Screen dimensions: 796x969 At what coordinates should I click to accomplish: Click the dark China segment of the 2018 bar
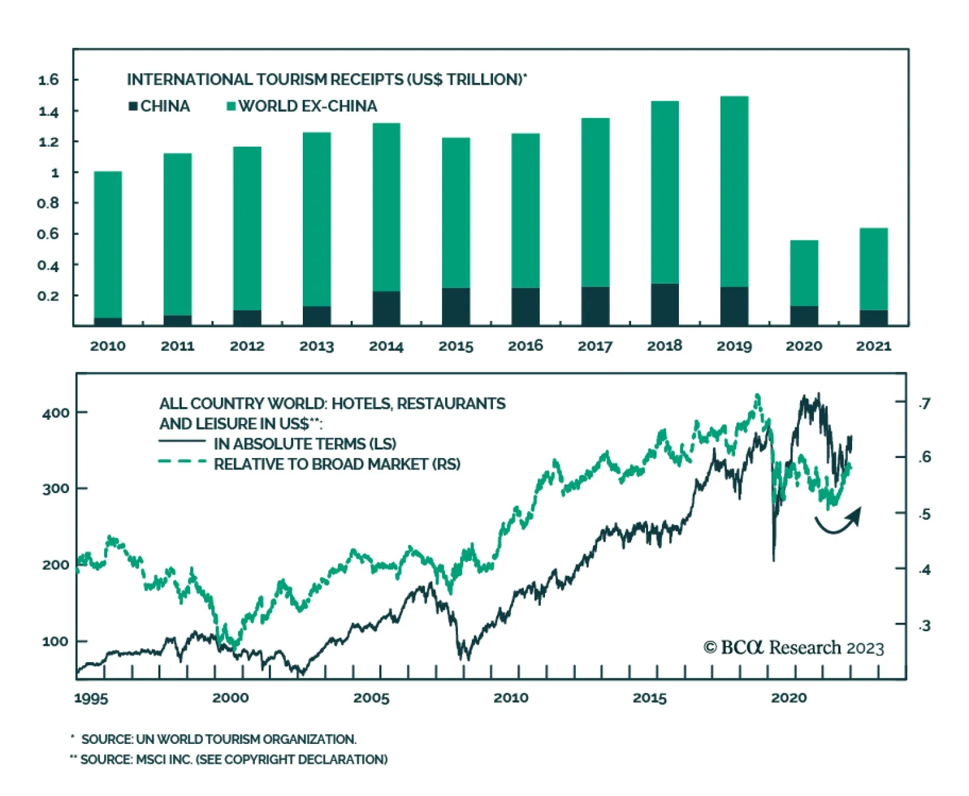click(664, 305)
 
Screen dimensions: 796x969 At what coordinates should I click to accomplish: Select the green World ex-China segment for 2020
click(804, 273)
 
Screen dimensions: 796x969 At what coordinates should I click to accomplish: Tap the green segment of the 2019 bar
click(734, 191)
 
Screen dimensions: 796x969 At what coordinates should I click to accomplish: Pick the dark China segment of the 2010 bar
click(108, 322)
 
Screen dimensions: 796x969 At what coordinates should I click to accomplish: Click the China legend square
click(133, 107)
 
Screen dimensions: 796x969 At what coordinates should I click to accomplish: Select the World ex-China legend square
click(231, 107)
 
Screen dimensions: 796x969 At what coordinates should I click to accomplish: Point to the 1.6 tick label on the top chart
click(48, 80)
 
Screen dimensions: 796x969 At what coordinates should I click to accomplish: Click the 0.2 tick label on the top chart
click(48, 296)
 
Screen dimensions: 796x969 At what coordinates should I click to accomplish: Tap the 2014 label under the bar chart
click(386, 346)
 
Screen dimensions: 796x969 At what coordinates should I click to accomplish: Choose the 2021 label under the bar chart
click(873, 346)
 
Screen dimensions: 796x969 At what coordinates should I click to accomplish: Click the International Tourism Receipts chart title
click(326, 80)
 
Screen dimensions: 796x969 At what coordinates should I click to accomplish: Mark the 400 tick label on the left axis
click(56, 413)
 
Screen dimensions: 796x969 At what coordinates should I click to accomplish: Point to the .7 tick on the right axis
click(924, 403)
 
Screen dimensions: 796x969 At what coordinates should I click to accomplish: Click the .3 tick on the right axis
click(924, 626)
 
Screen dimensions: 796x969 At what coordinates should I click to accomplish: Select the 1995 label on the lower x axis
click(91, 698)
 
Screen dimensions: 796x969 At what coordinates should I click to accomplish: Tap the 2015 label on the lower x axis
click(649, 698)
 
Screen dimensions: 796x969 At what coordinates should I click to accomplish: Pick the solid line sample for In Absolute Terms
click(182, 442)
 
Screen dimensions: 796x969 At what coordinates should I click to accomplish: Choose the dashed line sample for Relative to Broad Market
click(182, 462)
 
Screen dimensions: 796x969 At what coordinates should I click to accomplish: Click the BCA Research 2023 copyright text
click(793, 648)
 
